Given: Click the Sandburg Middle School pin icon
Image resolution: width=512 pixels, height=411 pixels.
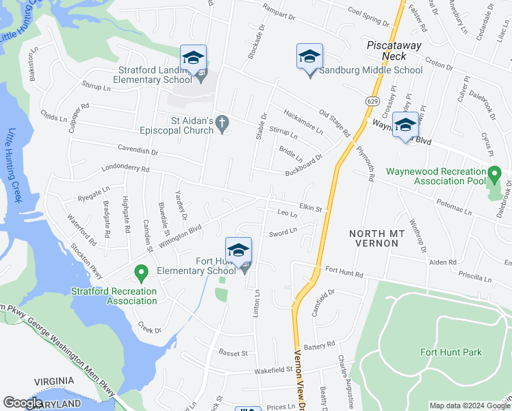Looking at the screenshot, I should [309, 57].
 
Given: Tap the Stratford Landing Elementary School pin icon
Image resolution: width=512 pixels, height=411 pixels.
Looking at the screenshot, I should [193, 58].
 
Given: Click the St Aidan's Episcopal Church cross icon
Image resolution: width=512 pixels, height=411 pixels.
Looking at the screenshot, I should [221, 123].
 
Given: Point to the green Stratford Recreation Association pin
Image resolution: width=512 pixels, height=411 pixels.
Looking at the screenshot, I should [142, 275].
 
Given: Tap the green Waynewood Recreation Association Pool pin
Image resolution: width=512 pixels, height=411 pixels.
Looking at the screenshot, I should [494, 175].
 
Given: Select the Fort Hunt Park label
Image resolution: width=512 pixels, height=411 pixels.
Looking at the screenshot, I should [450, 353].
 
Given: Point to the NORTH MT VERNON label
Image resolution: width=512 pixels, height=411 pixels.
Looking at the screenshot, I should [382, 234].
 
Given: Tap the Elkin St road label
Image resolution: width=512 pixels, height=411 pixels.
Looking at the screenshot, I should [310, 206].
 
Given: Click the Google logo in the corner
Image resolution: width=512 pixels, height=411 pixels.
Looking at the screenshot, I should [23, 403].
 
